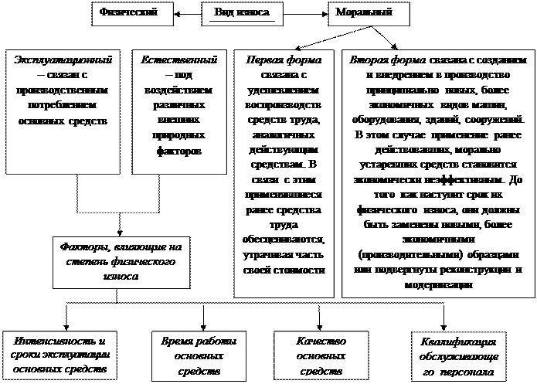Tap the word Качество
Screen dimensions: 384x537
pyautogui.click(x=321, y=341)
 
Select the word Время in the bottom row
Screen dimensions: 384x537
pyautogui.click(x=177, y=341)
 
